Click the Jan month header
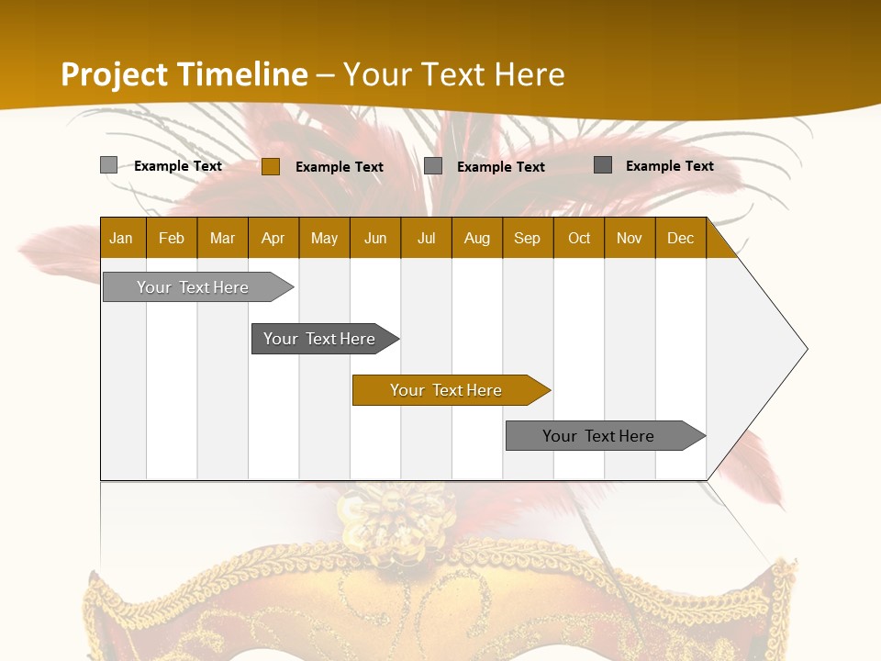[x=122, y=238]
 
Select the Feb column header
[x=172, y=238]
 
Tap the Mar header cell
[x=222, y=238]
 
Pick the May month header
[x=324, y=238]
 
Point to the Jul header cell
[x=426, y=238]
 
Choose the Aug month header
[x=477, y=238]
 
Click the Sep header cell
[x=528, y=238]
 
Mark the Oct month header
[x=579, y=238]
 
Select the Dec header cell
[x=681, y=238]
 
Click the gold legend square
[x=270, y=166]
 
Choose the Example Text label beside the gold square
[x=340, y=167]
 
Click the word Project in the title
[x=115, y=74]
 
